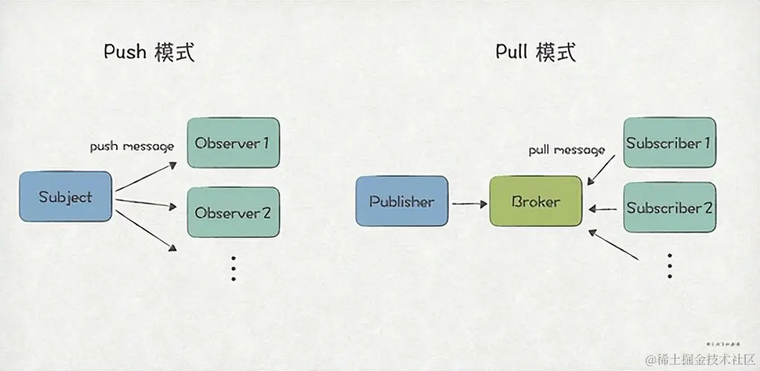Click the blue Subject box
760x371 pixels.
pos(66,197)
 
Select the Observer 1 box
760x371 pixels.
pos(233,143)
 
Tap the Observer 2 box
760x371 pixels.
pos(233,212)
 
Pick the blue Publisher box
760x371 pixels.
pos(401,201)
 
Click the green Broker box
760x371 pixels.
pos(535,201)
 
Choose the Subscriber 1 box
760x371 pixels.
pos(669,143)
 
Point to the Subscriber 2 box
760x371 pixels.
pos(669,207)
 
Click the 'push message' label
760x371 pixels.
pos(132,147)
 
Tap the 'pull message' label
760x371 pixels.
pos(567,150)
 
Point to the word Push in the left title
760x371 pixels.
pos(124,52)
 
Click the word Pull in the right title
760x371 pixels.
pos(512,52)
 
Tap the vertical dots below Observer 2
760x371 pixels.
pos(234,268)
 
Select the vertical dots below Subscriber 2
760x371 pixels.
pos(669,265)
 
